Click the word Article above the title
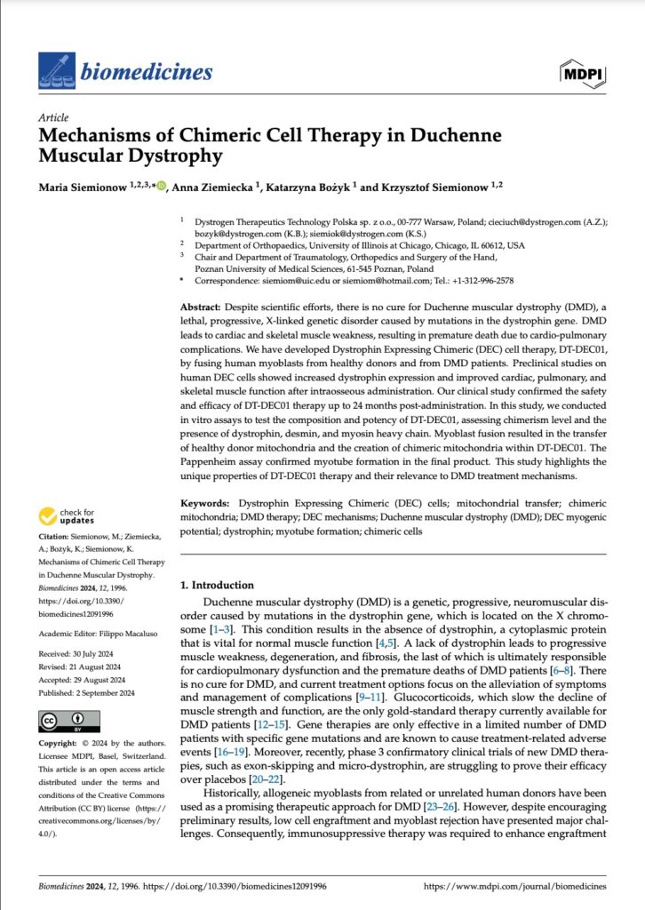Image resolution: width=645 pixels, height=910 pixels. pos(53,117)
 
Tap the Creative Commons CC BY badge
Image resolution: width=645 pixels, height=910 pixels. pos(62,720)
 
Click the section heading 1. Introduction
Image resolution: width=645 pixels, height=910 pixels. pos(217,586)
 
